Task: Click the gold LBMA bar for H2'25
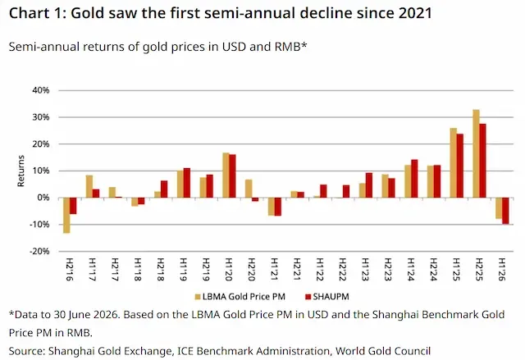coord(476,153)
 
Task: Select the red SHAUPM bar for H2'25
coord(482,161)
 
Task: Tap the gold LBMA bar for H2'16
coord(66,215)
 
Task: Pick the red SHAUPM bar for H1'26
coord(505,211)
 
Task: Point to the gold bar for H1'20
coord(226,175)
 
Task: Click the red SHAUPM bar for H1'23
coord(369,185)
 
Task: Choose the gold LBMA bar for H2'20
coord(249,189)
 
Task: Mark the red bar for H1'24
coord(414,179)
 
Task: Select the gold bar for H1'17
coord(89,186)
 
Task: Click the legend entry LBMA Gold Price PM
coord(240,296)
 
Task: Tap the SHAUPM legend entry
coord(327,296)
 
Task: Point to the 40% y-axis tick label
coord(41,90)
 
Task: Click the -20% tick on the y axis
coord(39,251)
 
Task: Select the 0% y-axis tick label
coord(43,198)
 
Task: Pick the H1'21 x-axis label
coord(274,269)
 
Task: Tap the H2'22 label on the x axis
coord(343,269)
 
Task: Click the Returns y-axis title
coord(21,171)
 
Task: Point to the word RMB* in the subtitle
coord(290,47)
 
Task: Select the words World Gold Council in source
coord(383,351)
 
